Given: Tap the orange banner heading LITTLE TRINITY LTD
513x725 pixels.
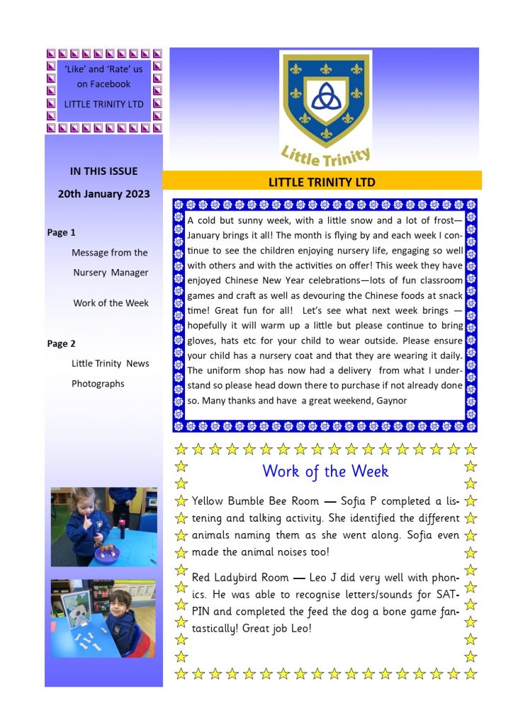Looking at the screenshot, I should coord(322,182).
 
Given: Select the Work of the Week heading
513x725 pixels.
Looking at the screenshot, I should coord(325,471).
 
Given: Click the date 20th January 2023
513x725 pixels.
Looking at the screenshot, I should coord(103,193).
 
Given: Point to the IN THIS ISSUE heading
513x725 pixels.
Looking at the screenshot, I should coord(103,171).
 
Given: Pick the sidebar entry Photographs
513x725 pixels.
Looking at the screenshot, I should coord(98,384).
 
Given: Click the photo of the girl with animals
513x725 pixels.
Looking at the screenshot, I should coord(103,526).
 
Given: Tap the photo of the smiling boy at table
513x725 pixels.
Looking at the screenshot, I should coord(103,618).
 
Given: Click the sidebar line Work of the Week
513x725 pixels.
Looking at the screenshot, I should coord(111,303).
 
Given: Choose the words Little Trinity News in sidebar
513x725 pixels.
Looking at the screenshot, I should coord(111,363).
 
